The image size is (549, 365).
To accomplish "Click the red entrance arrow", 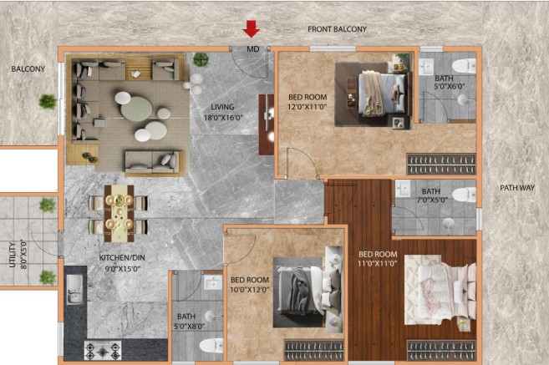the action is pos(252,28).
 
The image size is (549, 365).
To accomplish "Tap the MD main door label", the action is pos(253,49).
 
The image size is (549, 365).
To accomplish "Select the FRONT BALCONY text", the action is pos(338,29).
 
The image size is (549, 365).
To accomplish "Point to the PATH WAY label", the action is pos(517,188).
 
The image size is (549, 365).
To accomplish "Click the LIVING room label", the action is pos(222,107).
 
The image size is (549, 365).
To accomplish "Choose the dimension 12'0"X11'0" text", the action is pos(307,107).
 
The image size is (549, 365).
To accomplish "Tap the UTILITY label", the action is pos(13,255).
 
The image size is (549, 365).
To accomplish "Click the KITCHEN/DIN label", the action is pos(122,258).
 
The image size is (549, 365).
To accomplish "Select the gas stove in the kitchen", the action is pos(103,351).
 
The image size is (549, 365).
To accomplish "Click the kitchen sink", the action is pos(74,289).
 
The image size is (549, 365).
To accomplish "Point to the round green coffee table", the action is pos(136,109).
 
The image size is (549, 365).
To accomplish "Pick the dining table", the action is pos(119,214).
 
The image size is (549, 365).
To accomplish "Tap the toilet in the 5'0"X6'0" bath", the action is pos(464,66).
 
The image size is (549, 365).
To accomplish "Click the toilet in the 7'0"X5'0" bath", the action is pos(465,195).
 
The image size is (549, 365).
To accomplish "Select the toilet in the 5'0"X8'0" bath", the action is pos(211,346).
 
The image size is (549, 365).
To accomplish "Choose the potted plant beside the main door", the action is pos(201,59).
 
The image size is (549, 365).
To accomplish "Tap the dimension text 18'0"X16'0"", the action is pos(223,118).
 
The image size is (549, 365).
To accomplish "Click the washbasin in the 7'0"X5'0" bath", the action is pos(403,189).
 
